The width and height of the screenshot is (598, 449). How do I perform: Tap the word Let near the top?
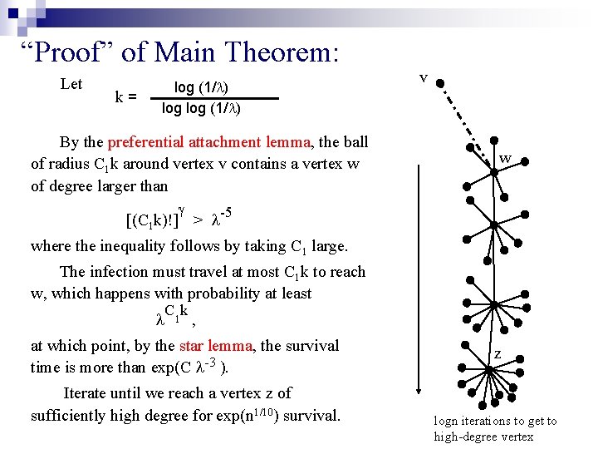coord(71,84)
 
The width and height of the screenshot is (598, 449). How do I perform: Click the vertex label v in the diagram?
coord(424,78)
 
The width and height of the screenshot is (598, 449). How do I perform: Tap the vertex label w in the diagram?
coord(504,158)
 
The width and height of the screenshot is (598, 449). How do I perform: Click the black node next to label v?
coord(440,84)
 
